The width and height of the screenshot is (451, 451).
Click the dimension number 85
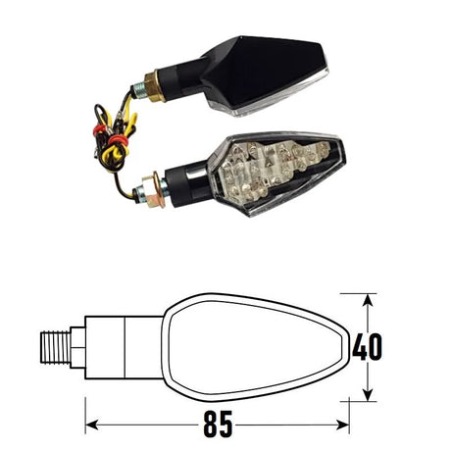pos(218,424)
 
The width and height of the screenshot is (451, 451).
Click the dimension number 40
pos(367,347)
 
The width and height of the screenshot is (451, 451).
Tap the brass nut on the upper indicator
pos(153,86)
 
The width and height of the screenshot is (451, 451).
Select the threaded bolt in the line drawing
pos(56,347)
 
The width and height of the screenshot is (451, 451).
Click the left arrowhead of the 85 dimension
pos(91,426)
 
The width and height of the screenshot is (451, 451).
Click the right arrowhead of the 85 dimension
pos(343,426)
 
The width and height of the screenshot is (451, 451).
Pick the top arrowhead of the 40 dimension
pos(368,300)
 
